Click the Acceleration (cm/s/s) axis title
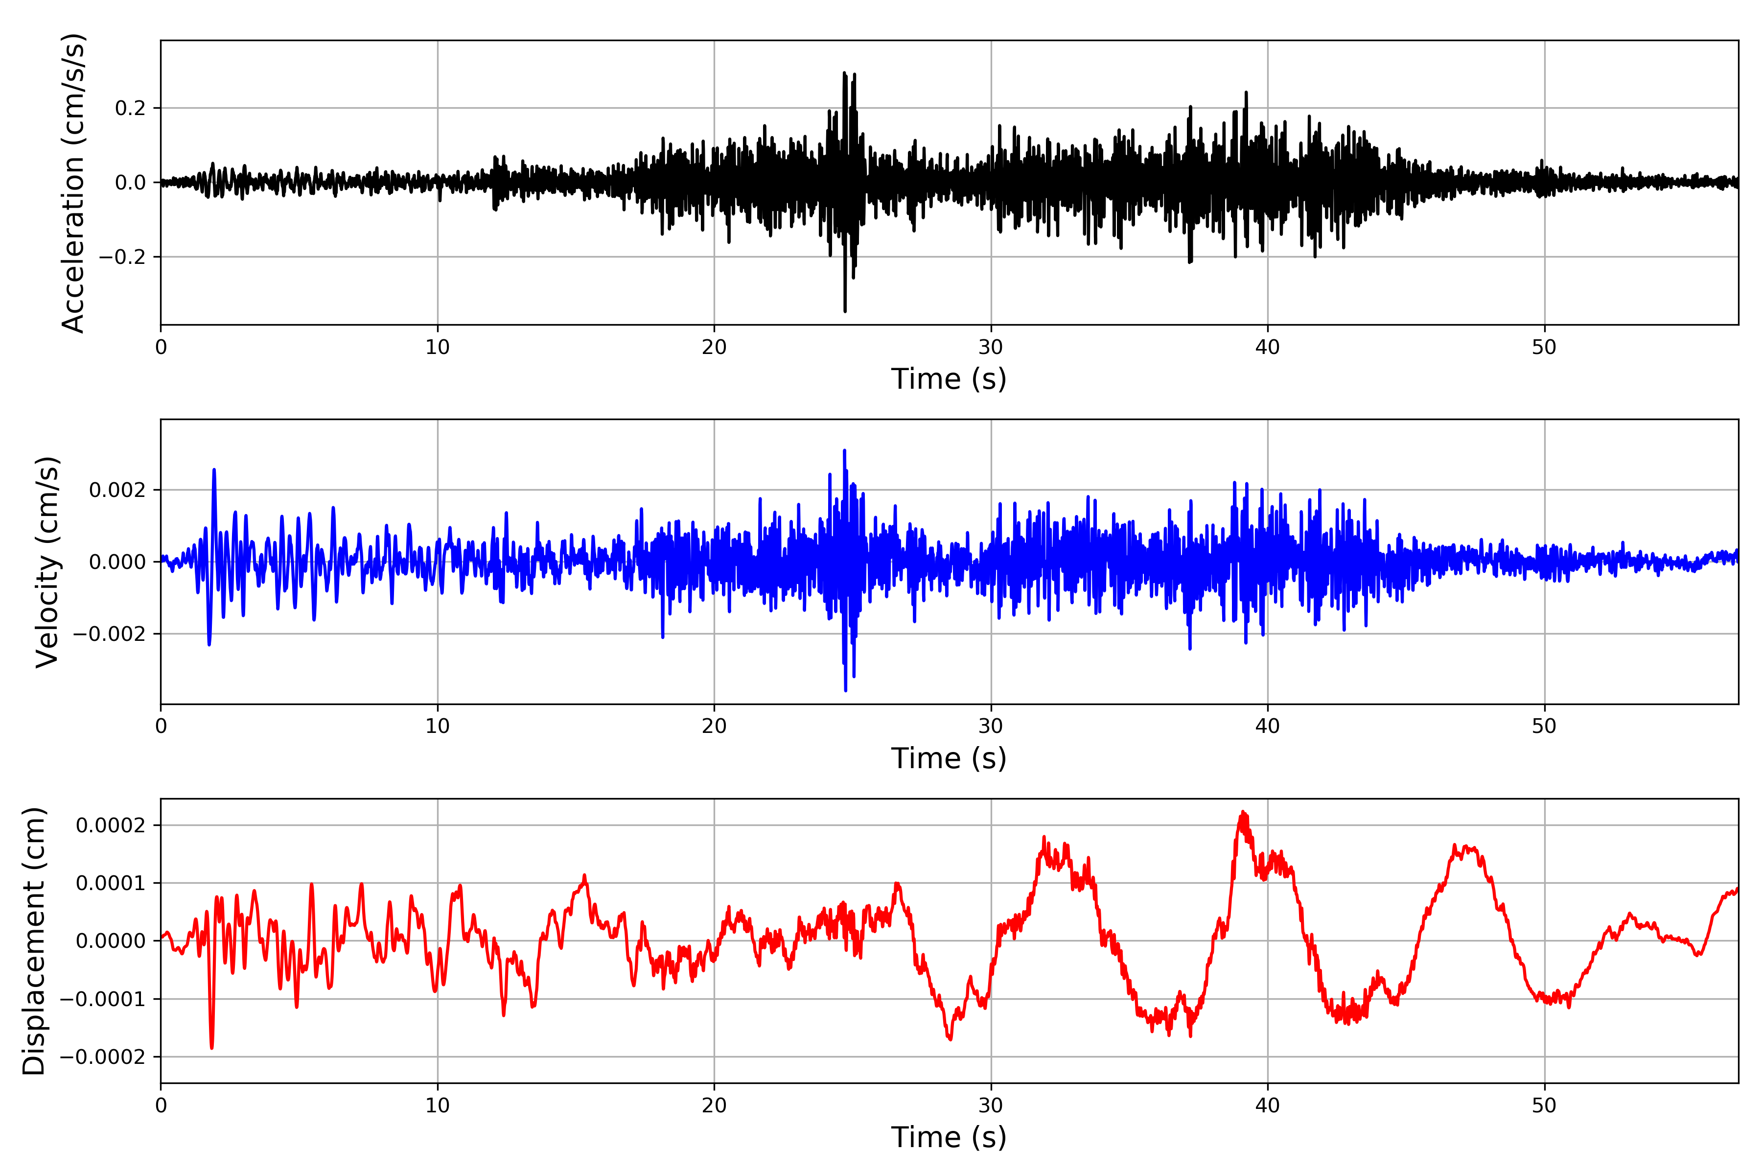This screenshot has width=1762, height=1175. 73,183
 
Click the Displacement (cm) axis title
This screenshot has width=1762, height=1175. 34,941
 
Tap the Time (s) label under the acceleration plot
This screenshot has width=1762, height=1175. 949,379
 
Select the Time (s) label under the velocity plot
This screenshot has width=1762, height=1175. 949,758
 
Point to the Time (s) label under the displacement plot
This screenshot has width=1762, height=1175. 949,1137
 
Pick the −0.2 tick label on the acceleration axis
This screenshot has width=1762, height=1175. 122,257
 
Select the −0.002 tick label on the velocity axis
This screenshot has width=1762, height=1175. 109,634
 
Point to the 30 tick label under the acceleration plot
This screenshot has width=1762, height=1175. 990,347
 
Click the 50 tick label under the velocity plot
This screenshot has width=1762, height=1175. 1544,726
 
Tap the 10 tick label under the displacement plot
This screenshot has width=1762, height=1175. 438,1105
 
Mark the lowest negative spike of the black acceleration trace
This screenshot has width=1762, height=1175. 845,310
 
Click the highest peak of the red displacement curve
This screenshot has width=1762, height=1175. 1243,812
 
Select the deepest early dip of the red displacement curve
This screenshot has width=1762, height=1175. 212,1047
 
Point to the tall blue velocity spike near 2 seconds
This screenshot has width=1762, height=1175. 214,470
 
